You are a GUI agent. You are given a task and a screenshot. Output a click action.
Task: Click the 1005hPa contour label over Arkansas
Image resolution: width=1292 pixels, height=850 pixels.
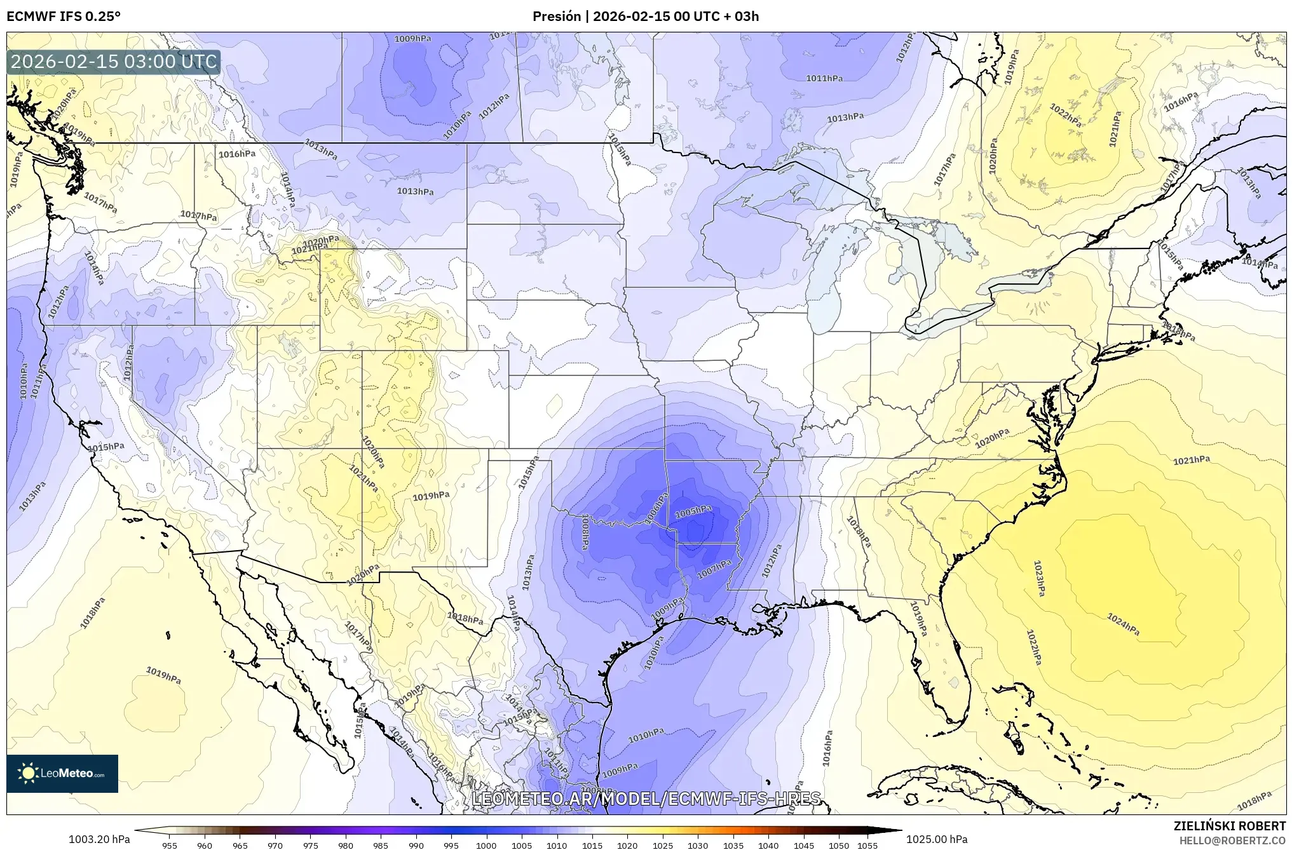point(693,511)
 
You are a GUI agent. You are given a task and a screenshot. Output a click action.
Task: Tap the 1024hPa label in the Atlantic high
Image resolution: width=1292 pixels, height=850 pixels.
point(1123,624)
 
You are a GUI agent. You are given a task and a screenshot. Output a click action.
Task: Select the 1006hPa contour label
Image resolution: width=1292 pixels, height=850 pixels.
point(657,509)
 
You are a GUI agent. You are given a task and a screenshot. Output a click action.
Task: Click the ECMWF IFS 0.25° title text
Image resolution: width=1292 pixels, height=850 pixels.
point(64,17)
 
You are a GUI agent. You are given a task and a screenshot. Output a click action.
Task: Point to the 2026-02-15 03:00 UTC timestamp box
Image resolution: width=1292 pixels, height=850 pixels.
point(114,62)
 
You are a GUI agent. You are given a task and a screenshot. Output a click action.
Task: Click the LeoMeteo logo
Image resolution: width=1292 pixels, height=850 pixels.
point(62,773)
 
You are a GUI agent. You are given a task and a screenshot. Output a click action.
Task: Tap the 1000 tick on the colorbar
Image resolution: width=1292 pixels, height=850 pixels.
point(486,846)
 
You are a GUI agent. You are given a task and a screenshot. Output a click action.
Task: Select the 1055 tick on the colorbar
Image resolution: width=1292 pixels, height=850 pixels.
point(867,846)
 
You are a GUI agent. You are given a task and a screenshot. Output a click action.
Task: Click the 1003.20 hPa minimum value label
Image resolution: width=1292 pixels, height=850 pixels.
point(99,839)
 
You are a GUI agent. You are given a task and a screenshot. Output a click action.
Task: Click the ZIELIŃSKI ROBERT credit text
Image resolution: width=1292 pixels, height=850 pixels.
point(1229,826)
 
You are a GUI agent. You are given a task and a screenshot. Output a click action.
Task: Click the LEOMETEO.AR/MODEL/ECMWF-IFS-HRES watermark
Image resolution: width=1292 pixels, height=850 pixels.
point(646,798)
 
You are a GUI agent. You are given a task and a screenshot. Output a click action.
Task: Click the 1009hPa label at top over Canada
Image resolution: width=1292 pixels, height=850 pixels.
point(412,39)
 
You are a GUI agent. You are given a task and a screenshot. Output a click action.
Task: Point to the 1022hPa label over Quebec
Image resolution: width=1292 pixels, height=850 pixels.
point(1065,116)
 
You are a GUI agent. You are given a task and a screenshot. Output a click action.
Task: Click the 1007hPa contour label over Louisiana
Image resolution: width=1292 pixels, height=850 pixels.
point(714,569)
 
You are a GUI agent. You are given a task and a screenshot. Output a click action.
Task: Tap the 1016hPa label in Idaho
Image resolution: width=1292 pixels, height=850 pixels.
point(237,154)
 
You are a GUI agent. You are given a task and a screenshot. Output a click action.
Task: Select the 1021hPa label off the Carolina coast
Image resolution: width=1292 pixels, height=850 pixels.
point(1191,461)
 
